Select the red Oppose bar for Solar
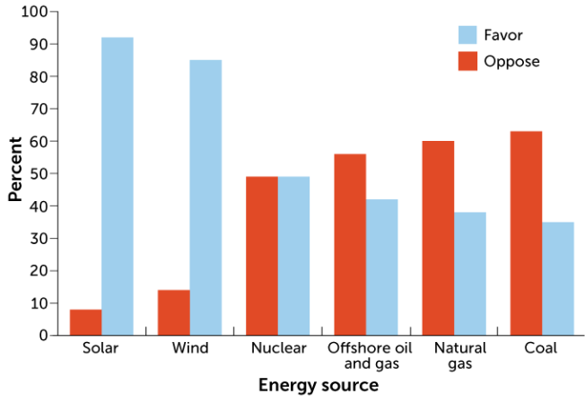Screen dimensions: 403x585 pyautogui.click(x=85, y=322)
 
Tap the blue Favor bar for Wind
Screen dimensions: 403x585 pyautogui.click(x=205, y=197)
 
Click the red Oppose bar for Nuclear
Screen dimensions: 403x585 pyautogui.click(x=261, y=256)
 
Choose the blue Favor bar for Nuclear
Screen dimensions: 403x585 pyautogui.click(x=293, y=256)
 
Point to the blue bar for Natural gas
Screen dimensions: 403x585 pyautogui.click(x=469, y=274)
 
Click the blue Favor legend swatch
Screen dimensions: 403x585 pyautogui.click(x=467, y=35)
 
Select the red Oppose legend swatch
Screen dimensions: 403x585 pyautogui.click(x=467, y=61)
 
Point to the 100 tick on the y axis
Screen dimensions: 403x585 pyautogui.click(x=33, y=12)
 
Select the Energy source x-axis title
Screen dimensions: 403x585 pyautogui.click(x=318, y=385)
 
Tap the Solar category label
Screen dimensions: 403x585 pyautogui.click(x=101, y=348)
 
